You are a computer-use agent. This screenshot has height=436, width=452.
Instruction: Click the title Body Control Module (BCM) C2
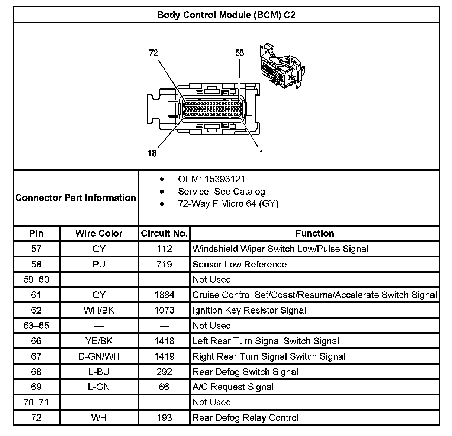[x=226, y=15]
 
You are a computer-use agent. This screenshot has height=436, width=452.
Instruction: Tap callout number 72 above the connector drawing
[x=153, y=53]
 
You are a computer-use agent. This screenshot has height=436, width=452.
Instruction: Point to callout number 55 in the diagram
[x=240, y=53]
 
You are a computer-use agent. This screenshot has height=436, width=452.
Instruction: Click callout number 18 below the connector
[x=152, y=153]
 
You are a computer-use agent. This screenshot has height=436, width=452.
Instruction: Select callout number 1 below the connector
[x=261, y=153]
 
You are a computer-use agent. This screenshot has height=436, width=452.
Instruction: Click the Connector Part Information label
[x=75, y=198]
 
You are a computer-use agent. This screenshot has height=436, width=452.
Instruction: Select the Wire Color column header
[x=99, y=234]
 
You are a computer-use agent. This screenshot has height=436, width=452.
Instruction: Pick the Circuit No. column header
[x=164, y=234]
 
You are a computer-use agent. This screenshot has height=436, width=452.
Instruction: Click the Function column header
[x=314, y=234]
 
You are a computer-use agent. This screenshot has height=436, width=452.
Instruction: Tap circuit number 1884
[x=164, y=295]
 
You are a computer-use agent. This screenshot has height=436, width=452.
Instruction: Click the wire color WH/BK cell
[x=99, y=310]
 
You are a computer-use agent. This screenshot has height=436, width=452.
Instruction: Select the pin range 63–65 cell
[x=36, y=326]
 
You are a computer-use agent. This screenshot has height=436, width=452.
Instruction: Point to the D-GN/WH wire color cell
[x=99, y=356]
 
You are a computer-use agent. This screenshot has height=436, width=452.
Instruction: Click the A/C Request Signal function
[x=233, y=387]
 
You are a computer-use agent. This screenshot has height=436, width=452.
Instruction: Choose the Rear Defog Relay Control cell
[x=246, y=418]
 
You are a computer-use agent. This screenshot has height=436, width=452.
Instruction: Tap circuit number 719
[x=164, y=265]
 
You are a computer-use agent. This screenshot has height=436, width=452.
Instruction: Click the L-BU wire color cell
[x=99, y=372]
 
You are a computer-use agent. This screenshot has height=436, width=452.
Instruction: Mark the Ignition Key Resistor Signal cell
[x=249, y=310]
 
